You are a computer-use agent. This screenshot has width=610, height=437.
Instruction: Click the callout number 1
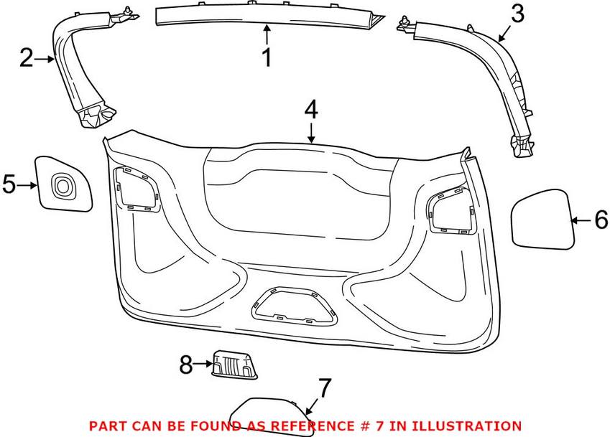pos(267,58)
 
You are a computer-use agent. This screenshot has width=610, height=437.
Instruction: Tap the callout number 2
pos(26,58)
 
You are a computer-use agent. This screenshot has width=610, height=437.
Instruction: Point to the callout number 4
pos(311,110)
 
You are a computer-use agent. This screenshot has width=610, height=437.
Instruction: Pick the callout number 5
pos(9,184)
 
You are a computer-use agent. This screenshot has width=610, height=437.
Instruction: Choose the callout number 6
pos(601,220)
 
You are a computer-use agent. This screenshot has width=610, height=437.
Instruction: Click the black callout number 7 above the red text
pos(325,387)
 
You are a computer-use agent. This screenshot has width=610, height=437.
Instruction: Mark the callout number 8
pos(186,365)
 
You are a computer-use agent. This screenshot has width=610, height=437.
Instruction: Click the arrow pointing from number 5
pos(27,186)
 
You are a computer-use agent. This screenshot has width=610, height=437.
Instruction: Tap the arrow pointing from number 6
pos(581,220)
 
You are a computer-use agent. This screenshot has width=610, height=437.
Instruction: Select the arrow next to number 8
pos(203,364)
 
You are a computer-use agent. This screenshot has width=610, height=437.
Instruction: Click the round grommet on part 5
pos(62,185)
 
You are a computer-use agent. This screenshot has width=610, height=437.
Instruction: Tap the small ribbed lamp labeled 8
pos(234,364)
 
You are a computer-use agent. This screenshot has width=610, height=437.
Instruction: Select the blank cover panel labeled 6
pos(542,219)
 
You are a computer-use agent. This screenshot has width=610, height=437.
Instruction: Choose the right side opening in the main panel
pos(452,211)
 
